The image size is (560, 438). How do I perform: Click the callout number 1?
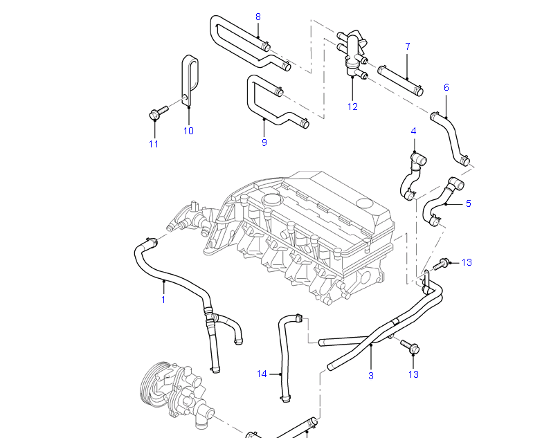[163, 300]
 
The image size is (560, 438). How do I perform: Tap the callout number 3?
[371, 376]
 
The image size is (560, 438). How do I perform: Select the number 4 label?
[413, 131]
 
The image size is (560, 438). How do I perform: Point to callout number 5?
[469, 203]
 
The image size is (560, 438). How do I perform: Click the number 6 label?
[446, 88]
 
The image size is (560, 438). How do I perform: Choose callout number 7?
[407, 46]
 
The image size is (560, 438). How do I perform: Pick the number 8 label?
[258, 16]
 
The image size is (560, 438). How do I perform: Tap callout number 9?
[264, 143]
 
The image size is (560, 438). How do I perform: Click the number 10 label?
[188, 131]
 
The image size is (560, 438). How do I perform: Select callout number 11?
[154, 144]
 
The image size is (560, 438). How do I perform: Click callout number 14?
[262, 374]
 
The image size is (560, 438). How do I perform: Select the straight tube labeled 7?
[401, 80]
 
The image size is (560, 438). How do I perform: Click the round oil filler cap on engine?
[271, 200]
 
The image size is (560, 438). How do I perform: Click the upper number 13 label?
[467, 262]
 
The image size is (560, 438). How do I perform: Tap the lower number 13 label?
[413, 374]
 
